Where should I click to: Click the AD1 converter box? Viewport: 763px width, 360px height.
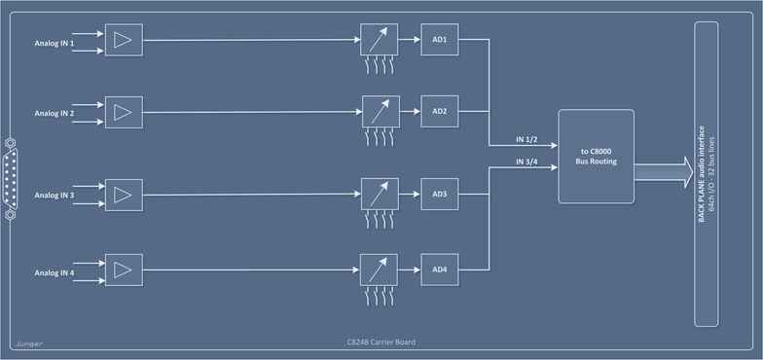coord(439,40)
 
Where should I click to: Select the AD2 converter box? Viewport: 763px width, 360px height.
coord(439,111)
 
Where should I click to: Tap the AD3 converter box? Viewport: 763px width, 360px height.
coord(439,194)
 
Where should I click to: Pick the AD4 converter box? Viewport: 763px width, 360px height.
coord(439,269)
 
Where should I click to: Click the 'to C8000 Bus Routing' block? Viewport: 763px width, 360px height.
coord(596,156)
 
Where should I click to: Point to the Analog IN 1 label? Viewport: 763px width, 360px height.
coord(54,43)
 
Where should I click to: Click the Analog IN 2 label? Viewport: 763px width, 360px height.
coord(54,114)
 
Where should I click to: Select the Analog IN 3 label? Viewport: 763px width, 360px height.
coord(54,196)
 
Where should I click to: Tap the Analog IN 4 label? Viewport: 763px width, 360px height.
coord(54,271)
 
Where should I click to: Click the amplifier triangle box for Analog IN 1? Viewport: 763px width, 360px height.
coord(124,40)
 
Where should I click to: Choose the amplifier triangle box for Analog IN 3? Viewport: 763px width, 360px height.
coord(124,194)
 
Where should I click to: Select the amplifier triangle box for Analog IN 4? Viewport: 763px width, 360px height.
coord(124,269)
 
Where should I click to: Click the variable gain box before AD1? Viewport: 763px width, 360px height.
coord(379,40)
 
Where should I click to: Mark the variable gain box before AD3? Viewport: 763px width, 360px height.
coord(379,194)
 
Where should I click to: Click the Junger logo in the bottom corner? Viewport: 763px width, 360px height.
coord(28,343)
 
